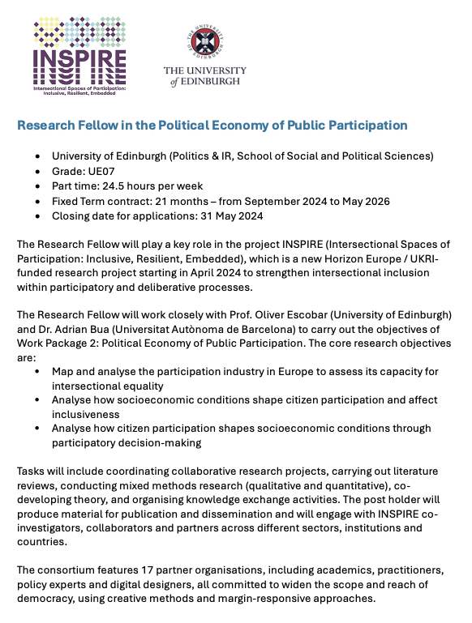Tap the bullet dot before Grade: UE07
pos(36,172)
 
